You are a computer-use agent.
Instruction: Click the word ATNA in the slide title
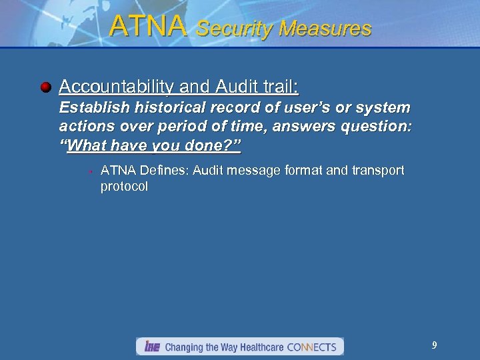(x=147, y=26)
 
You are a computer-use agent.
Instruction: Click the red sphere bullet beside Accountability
(x=45, y=87)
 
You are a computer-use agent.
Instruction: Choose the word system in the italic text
(x=384, y=108)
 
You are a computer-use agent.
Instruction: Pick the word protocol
(x=124, y=187)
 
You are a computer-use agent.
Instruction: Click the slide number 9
(x=434, y=345)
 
